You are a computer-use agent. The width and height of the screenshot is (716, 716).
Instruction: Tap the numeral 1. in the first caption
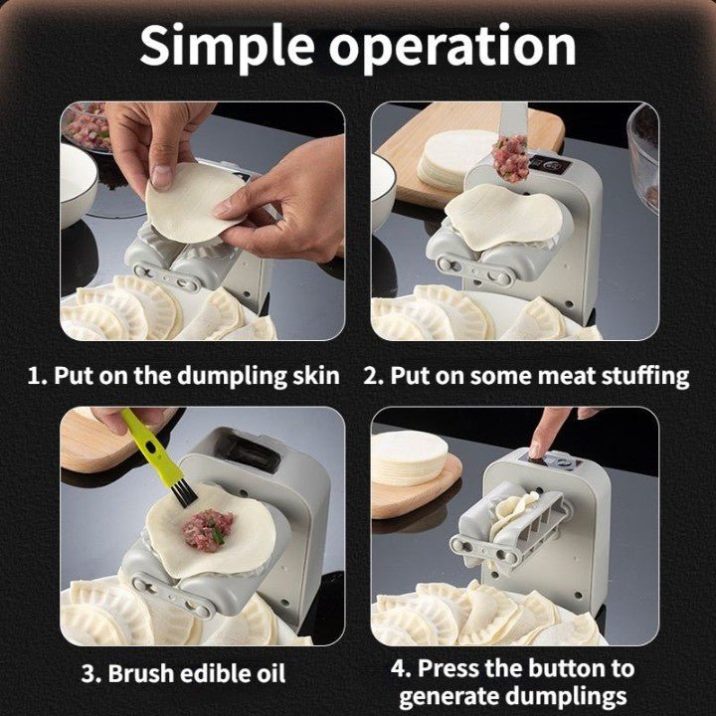(37, 376)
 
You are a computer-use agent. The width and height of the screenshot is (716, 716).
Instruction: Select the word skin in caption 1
(314, 376)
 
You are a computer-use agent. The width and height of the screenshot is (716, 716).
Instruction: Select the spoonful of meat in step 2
(510, 157)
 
